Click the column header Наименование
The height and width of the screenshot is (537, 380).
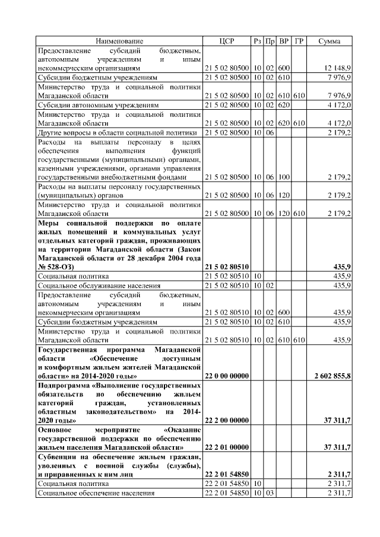tap(120, 41)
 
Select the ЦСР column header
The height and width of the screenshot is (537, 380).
tap(227, 41)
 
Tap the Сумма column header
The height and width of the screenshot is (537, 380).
tap(330, 41)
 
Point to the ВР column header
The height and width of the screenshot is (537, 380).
tap(284, 41)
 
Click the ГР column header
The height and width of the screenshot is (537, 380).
tap(299, 41)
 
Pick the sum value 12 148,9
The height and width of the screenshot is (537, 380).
tap(338, 68)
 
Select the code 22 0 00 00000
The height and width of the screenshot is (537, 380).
tap(226, 376)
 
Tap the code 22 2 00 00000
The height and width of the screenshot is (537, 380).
tap(226, 420)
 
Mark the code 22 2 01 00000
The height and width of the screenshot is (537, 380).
tap(226, 446)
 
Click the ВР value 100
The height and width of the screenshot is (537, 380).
tap(284, 177)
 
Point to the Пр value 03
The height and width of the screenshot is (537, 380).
tap(270, 493)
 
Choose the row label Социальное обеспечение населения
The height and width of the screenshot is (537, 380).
tap(96, 493)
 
